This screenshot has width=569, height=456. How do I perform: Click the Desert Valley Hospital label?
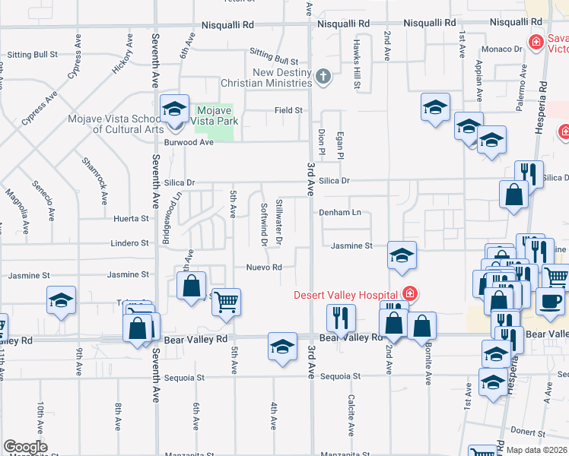(347, 294)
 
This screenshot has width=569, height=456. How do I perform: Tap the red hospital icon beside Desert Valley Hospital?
(410, 293)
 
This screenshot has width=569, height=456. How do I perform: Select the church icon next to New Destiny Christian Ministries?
(323, 76)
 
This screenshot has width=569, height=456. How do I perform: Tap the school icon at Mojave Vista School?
(174, 109)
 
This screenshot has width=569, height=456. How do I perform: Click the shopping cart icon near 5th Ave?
(225, 302)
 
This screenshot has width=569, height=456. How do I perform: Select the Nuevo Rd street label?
(264, 268)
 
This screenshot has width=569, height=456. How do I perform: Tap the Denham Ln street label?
(339, 213)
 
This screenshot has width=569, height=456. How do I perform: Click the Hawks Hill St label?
(355, 65)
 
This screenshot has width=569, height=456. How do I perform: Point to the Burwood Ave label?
(189, 141)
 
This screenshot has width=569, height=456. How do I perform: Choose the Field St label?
(288, 110)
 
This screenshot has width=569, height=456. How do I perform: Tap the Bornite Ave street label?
(429, 366)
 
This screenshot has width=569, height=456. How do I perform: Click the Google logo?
(25, 447)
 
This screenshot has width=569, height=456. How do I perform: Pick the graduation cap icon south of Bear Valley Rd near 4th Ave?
(281, 347)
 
